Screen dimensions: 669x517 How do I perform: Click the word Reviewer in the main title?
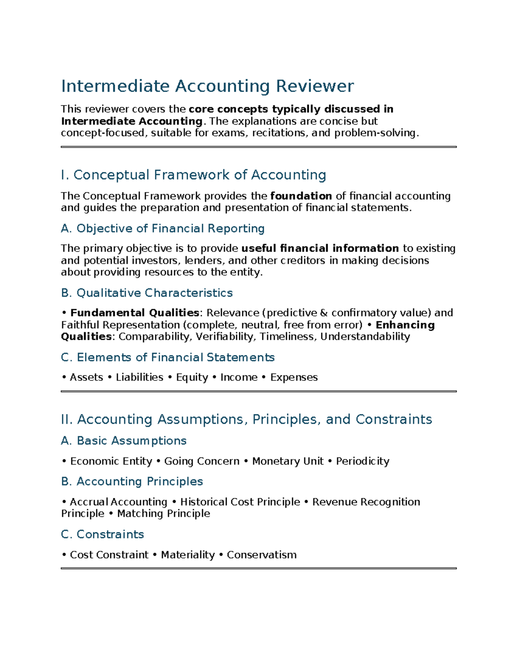[315, 86]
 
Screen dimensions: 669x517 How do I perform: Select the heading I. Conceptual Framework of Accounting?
[193, 175]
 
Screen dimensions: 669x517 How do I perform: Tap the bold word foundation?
[301, 196]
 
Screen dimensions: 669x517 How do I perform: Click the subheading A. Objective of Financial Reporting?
[163, 228]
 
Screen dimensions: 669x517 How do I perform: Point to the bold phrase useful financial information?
[320, 249]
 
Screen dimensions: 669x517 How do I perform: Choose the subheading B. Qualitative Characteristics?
[147, 293]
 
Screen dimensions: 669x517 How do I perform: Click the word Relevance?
[233, 313]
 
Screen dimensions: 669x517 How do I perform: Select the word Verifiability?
[224, 336]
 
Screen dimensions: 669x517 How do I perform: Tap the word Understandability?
[365, 336]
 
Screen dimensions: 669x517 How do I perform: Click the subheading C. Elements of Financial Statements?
[168, 358]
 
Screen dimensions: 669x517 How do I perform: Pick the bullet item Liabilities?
[140, 377]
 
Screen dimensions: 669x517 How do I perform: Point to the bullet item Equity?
[192, 377]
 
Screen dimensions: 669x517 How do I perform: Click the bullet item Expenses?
[294, 377]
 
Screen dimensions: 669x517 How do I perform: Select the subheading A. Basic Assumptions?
[124, 441]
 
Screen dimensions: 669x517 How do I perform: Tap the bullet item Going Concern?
[202, 461]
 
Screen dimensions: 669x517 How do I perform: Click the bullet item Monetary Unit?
[287, 461]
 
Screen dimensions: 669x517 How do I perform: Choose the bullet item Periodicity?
[362, 461]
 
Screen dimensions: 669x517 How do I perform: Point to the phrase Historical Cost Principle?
[240, 502]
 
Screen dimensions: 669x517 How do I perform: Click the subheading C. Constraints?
[103, 534]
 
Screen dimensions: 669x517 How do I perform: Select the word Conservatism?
[262, 555]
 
